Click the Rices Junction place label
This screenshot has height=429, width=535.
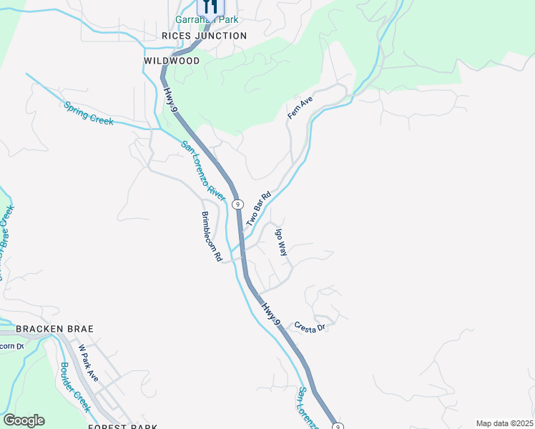tap(205, 36)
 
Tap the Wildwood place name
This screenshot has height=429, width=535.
tap(172, 61)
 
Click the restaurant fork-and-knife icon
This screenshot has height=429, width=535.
tap(210, 6)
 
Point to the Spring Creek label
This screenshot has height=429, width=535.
tap(89, 113)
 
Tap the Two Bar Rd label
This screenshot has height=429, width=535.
tap(259, 209)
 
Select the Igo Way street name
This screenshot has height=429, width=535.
tap(282, 242)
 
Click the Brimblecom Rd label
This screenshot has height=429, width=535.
tap(211, 236)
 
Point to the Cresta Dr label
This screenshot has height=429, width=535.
tap(310, 325)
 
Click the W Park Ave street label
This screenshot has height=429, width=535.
tap(88, 363)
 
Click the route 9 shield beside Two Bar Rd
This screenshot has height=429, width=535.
tap(238, 204)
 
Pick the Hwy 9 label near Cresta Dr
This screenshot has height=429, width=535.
tap(270, 314)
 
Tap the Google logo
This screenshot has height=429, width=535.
tap(24, 420)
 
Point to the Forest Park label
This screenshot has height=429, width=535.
tap(122, 427)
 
